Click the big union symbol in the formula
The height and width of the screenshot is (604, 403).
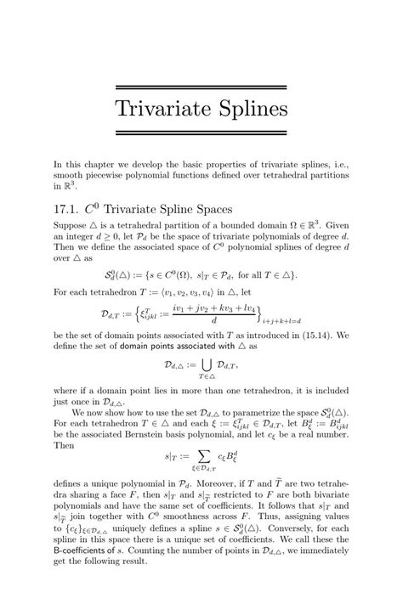[x=202, y=365]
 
